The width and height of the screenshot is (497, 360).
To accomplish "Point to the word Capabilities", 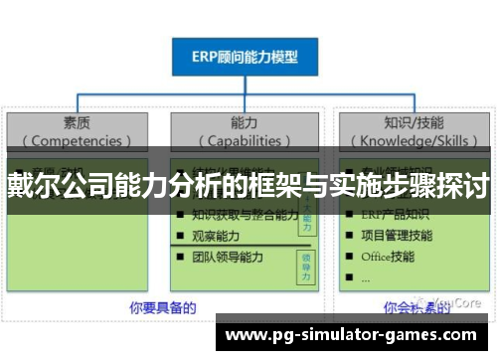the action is click(x=245, y=140).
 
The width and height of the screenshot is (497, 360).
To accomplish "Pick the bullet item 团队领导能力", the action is click(x=227, y=257).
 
